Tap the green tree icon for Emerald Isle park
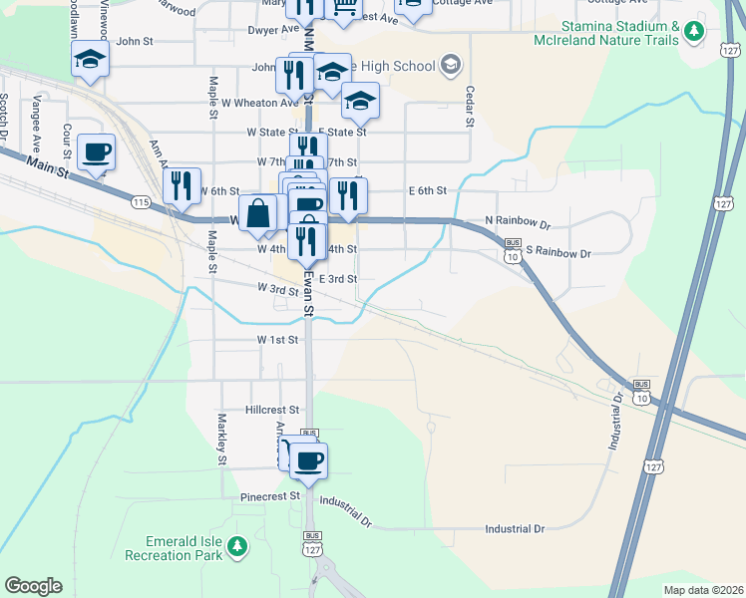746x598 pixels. (237, 546)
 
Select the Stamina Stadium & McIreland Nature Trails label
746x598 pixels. (619, 33)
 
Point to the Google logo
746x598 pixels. (33, 586)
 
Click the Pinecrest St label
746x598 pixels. (270, 495)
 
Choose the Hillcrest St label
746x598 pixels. (273, 410)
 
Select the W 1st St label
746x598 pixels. (278, 340)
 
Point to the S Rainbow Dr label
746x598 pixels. (559, 253)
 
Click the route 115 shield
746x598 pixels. (141, 202)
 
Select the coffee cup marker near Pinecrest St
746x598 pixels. (309, 459)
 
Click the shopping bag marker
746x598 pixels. (257, 212)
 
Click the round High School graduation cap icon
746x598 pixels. (450, 66)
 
